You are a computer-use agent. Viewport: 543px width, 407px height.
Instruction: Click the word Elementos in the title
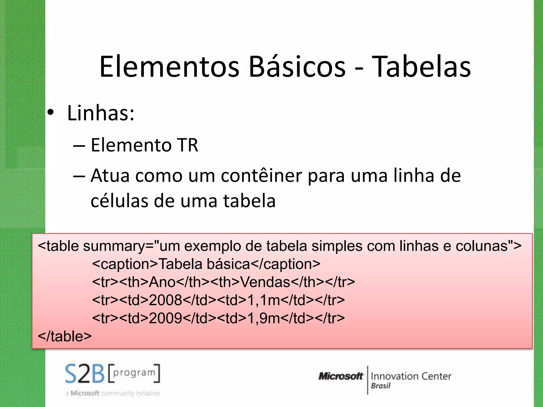[x=169, y=67]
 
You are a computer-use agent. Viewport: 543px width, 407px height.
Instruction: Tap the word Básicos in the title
[x=297, y=67]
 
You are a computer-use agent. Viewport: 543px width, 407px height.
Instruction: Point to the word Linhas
[x=101, y=113]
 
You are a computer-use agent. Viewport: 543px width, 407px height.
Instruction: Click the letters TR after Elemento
[x=188, y=145]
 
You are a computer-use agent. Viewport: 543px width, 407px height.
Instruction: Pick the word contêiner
[x=261, y=176]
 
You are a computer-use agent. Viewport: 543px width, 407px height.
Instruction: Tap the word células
[x=119, y=201]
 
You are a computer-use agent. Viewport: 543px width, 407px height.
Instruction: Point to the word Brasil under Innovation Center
[x=381, y=386]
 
